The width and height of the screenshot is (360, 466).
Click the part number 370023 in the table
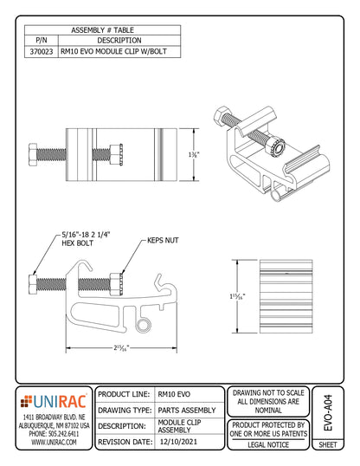pyautogui.click(x=42, y=53)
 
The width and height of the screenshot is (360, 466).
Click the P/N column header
pyautogui.click(x=42, y=41)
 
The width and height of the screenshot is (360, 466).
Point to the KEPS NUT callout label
pyautogui.click(x=162, y=239)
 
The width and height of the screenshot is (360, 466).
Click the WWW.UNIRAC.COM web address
pyautogui.click(x=54, y=442)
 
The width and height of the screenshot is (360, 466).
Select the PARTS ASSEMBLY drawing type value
pyautogui.click(x=188, y=410)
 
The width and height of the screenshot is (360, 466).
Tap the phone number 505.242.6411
pyautogui.click(x=54, y=433)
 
